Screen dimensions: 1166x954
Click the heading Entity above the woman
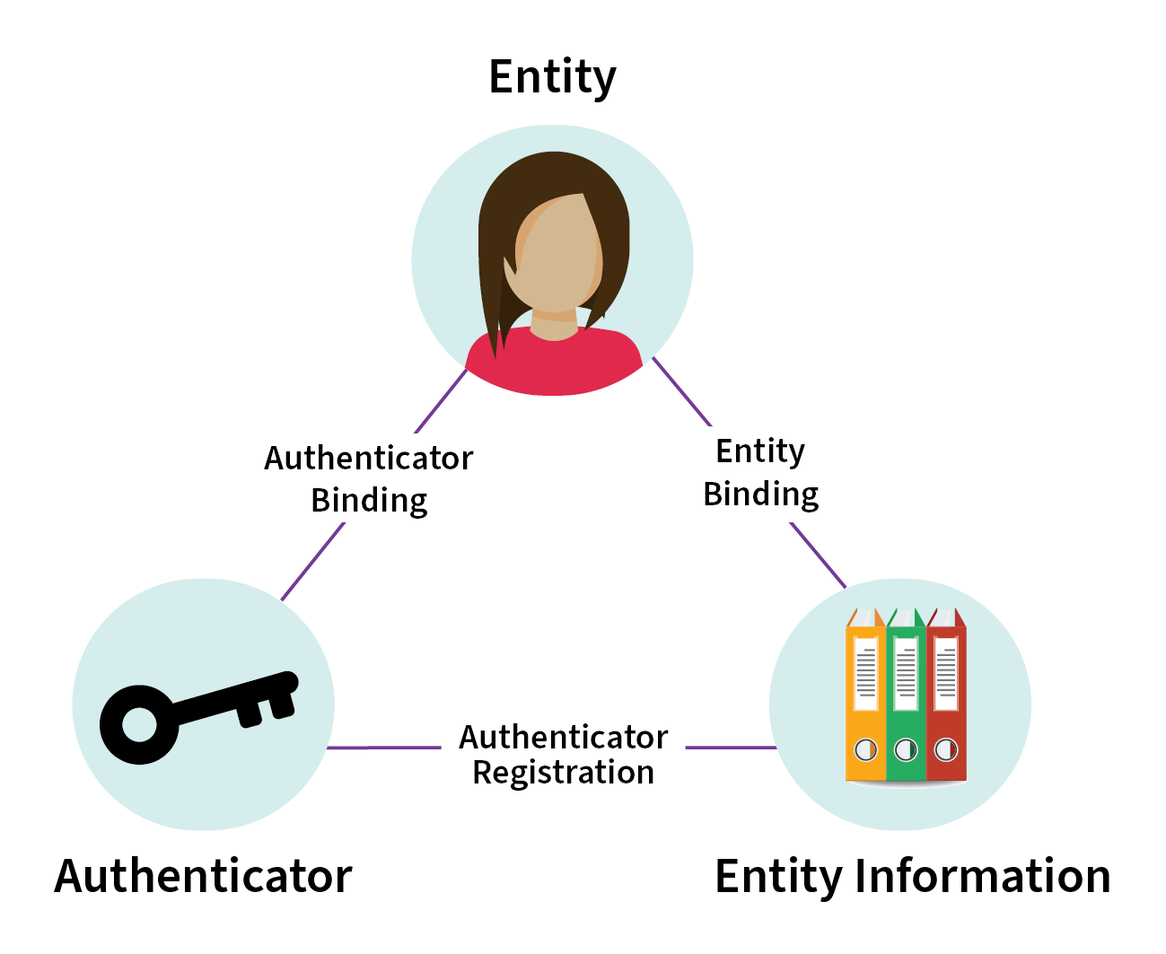click(x=552, y=77)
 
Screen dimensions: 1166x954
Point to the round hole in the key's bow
click(x=139, y=724)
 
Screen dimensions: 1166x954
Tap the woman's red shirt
click(x=553, y=362)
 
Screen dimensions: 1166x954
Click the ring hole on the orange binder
click(x=865, y=750)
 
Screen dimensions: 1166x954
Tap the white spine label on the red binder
click(x=946, y=673)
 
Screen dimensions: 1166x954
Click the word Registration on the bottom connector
click(x=563, y=772)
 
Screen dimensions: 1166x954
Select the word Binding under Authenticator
click(x=369, y=501)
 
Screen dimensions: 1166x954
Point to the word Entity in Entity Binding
click(x=760, y=451)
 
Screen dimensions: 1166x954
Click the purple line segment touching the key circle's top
click(x=313, y=562)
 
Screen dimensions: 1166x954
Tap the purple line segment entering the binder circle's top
click(x=818, y=555)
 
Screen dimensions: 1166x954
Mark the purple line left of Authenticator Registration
click(x=383, y=748)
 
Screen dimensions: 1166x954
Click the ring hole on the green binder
click(x=906, y=750)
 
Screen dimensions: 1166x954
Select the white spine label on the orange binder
click(x=866, y=673)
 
